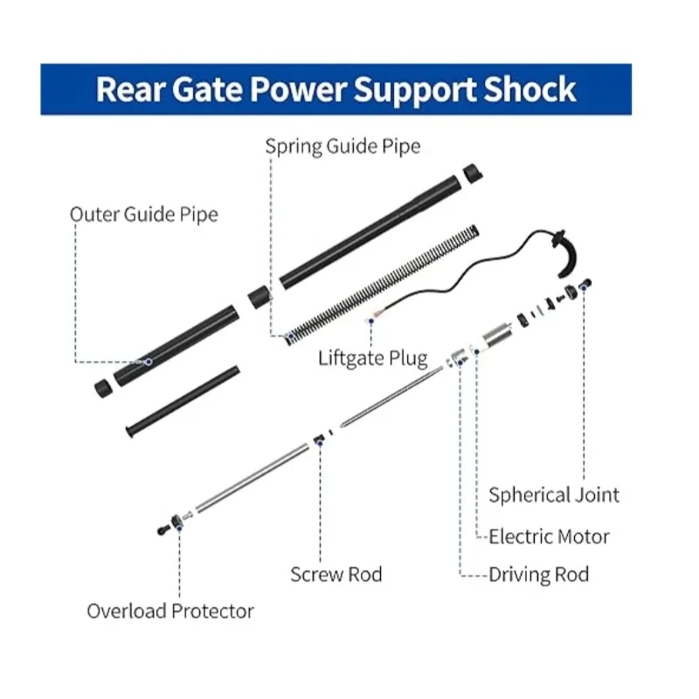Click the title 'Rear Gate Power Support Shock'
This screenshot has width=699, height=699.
pos(336,90)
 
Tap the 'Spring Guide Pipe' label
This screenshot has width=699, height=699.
pos(343,147)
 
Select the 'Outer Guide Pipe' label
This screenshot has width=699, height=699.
pos(144,215)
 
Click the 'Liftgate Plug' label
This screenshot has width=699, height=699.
pos(373,358)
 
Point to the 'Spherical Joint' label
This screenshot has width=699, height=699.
pos(554,495)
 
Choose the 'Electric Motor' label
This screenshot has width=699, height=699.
pos(549,536)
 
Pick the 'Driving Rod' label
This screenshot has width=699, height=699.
pos(538,574)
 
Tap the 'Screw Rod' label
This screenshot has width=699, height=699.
pos(336,574)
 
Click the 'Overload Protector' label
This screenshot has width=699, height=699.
pos(170,611)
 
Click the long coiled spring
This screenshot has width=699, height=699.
pos(382,286)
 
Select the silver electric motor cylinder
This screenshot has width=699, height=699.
pos(497,336)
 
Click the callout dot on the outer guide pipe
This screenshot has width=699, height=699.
pos(149,362)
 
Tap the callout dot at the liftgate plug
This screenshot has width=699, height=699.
pos(370,321)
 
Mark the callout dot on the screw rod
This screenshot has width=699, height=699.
pos(320,442)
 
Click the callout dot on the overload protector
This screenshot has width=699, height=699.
pos(179,528)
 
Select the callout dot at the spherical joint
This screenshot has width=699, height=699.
pos(584,288)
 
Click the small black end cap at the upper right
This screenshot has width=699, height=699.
pos(473,173)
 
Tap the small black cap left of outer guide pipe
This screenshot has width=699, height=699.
pos(103,388)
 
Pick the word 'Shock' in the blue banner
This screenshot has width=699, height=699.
pos(529,90)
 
